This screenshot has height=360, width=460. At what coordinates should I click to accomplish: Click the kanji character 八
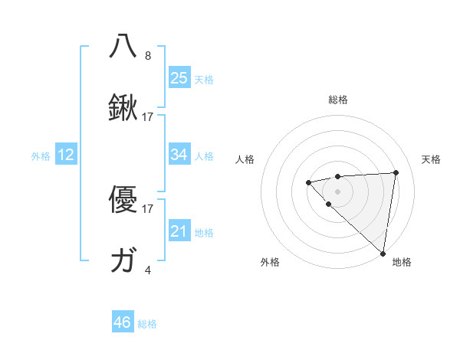[x=124, y=46]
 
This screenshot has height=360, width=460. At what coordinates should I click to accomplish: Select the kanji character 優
[x=124, y=199]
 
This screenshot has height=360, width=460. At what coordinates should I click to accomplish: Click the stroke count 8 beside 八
[x=148, y=56]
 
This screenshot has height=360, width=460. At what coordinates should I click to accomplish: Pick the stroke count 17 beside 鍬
[x=148, y=117]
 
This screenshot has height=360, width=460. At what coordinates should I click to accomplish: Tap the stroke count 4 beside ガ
[x=148, y=270]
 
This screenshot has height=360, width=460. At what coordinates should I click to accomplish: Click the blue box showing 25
[x=179, y=78]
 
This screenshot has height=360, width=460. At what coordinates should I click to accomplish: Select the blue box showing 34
[x=179, y=155]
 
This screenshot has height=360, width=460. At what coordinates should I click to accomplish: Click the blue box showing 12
[x=66, y=155]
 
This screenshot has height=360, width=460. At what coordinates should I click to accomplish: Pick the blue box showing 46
[x=122, y=322]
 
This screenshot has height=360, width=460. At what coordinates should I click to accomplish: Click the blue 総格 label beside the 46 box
[x=147, y=324]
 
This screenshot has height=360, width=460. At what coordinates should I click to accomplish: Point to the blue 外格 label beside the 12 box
[x=41, y=156]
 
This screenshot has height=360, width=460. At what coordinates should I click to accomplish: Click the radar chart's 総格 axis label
[x=338, y=100]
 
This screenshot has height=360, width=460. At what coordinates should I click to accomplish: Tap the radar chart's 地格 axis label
[x=402, y=263]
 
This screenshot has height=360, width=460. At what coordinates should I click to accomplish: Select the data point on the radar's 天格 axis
[x=396, y=172]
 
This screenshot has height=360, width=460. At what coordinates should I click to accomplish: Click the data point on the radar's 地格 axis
[x=383, y=254]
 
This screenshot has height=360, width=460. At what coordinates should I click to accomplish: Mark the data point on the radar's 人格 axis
[x=308, y=182]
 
